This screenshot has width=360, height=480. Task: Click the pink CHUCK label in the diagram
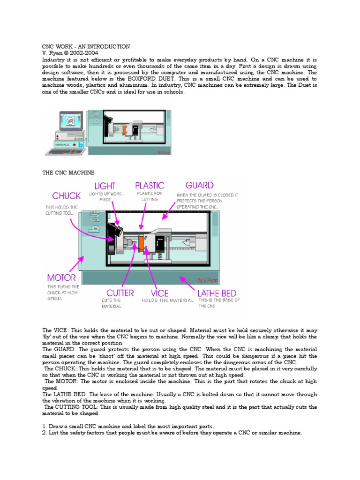click(67, 196)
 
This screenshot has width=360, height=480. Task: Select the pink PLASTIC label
click(150, 186)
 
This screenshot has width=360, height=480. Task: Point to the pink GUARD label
click(199, 186)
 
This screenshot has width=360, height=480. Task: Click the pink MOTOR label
click(61, 278)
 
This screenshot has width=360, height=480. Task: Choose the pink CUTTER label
click(120, 293)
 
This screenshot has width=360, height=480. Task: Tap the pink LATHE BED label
click(219, 293)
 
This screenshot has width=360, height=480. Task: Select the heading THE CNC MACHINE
click(68, 173)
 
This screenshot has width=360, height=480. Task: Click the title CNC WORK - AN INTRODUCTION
click(86, 47)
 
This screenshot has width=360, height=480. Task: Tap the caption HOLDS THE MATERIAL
click(167, 301)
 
